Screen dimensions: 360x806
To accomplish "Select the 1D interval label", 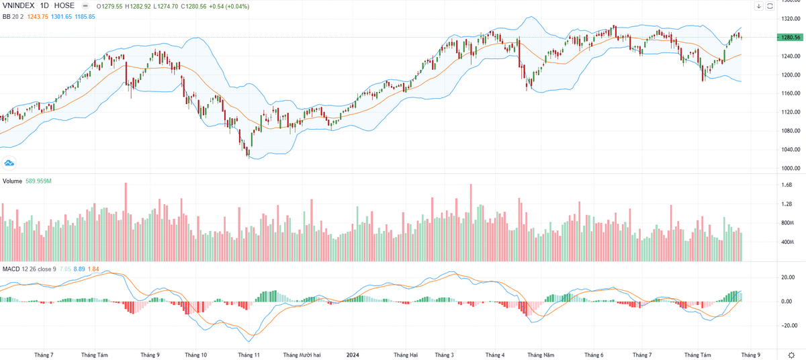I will pyautogui.click(x=48, y=5).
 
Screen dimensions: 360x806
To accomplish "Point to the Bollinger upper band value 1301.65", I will pyautogui.click(x=64, y=16).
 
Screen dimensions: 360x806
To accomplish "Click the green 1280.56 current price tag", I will pyautogui.click(x=788, y=38).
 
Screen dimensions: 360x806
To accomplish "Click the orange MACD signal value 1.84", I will pyautogui.click(x=93, y=269).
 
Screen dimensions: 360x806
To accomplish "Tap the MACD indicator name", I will pyautogui.click(x=11, y=269).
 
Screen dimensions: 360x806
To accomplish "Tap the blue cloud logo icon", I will pyautogui.click(x=10, y=163).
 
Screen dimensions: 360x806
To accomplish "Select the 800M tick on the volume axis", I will pyautogui.click(x=787, y=222).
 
